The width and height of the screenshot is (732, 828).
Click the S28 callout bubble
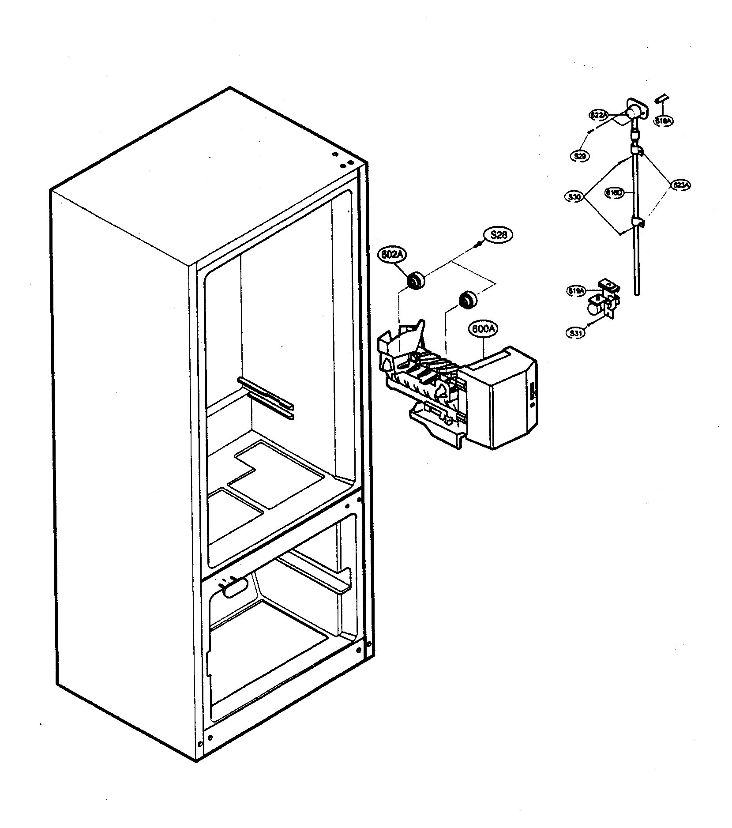pos(498,235)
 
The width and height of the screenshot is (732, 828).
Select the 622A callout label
pos(600,115)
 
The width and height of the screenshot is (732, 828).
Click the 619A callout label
pos(576,291)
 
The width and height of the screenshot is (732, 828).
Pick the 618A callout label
pos(663,120)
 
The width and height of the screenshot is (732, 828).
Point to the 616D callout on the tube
pos(614,192)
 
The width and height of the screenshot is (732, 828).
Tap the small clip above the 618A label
pos(661,98)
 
